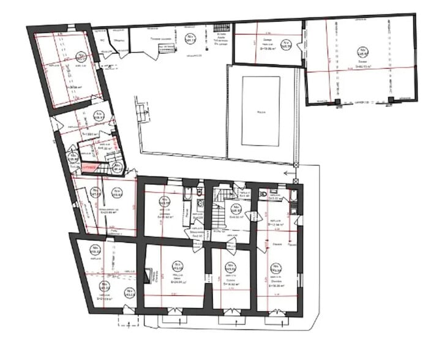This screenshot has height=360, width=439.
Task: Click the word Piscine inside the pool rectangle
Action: click(x=260, y=112)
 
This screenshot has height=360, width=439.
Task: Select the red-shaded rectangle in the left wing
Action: click(x=89, y=167)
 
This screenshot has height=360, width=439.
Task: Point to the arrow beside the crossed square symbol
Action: click(x=288, y=173)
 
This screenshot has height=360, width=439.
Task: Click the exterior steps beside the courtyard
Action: click(x=142, y=112)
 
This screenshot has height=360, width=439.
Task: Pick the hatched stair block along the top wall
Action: click(x=222, y=29)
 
